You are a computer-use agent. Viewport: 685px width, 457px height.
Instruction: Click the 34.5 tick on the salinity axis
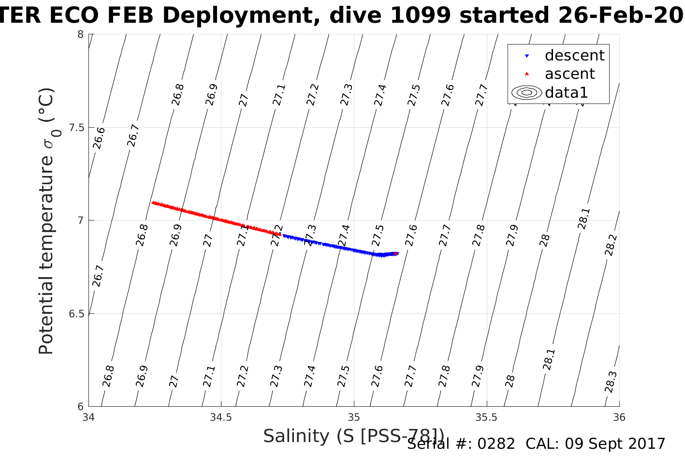(x=221, y=417)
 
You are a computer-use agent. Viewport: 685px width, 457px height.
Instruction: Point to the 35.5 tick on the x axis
(x=486, y=417)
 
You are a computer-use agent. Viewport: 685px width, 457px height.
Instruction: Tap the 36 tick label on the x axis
(x=619, y=417)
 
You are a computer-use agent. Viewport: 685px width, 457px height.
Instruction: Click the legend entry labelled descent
(x=574, y=56)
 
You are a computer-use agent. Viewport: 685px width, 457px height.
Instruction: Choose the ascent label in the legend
(x=569, y=74)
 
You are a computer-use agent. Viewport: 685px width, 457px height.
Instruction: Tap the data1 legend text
(x=566, y=92)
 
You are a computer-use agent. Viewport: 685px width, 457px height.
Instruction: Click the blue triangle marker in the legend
(x=527, y=56)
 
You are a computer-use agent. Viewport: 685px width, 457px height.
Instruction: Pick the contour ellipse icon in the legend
(x=527, y=92)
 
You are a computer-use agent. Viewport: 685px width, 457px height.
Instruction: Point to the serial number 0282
(x=496, y=444)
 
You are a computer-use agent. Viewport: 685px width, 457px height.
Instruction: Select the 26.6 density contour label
(x=99, y=138)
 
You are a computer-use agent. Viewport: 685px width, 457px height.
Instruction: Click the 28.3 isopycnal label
(x=611, y=382)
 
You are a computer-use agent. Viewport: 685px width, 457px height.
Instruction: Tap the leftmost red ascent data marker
(x=153, y=203)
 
